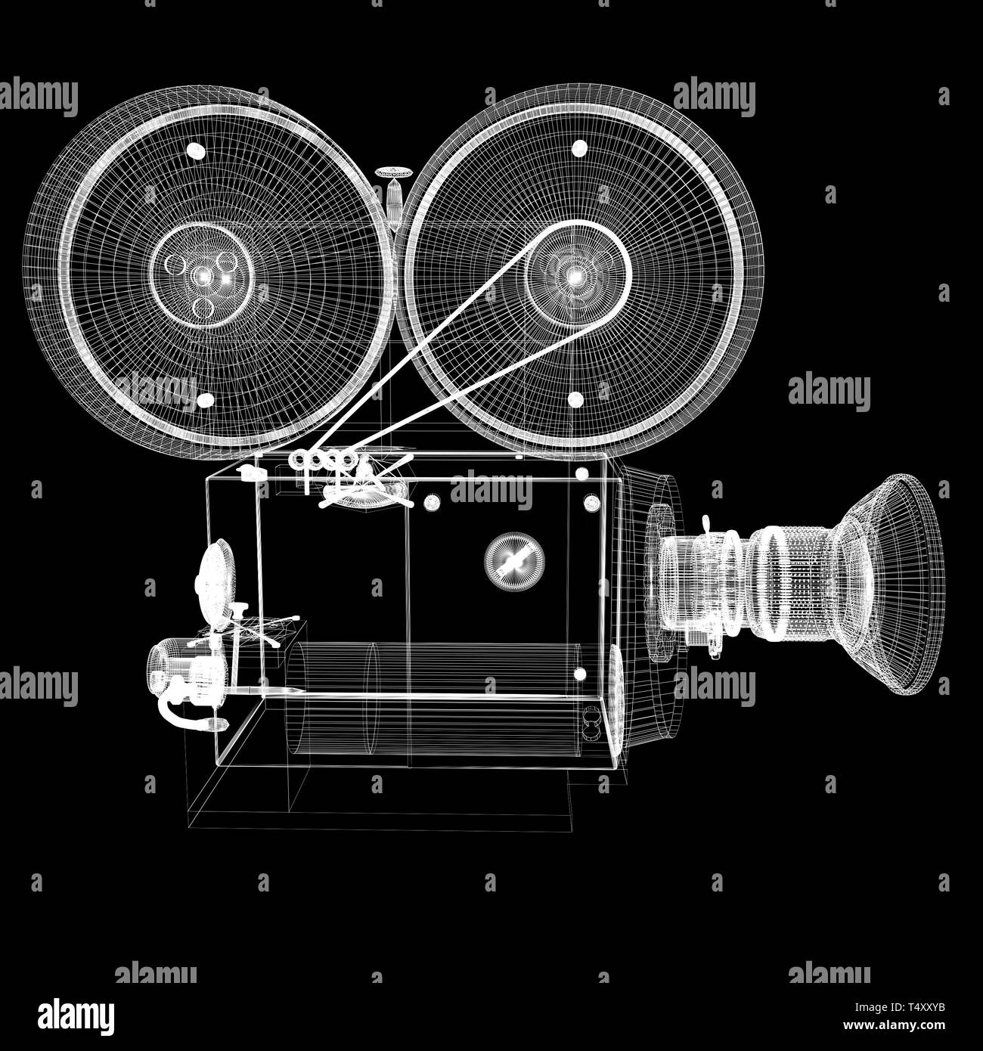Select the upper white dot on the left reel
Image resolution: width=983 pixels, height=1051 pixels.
pyautogui.click(x=196, y=151)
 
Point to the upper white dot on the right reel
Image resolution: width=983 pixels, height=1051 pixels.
pyautogui.click(x=580, y=148)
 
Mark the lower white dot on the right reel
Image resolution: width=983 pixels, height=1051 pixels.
pyautogui.click(x=576, y=399)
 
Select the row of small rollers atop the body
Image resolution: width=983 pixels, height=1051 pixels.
pyautogui.click(x=322, y=460)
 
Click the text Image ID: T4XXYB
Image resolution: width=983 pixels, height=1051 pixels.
pyautogui.click(x=899, y=1008)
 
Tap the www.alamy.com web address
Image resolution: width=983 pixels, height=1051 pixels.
pyautogui.click(x=894, y=1025)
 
